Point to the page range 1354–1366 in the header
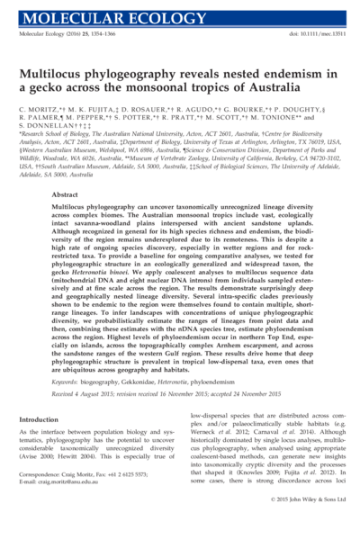click(103, 33)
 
